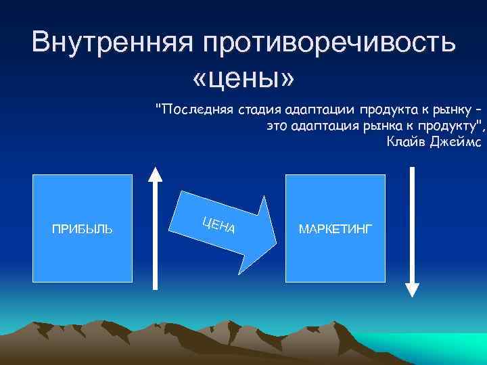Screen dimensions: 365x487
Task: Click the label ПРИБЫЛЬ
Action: [83, 229]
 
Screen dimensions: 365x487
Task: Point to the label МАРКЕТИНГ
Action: [335, 229]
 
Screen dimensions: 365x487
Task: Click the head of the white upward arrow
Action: [156, 174]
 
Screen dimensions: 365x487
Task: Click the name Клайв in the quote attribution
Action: [405, 141]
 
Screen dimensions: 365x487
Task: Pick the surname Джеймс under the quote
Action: [453, 141]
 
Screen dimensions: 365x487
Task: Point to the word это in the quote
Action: [278, 126]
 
